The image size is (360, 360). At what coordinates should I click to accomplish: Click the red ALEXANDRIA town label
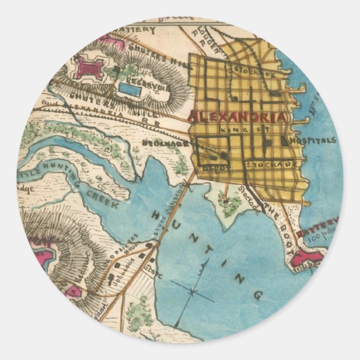click(x=239, y=118)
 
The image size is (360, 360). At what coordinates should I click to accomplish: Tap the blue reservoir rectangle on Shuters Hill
click(x=130, y=88)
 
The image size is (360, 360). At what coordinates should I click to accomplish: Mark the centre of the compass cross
click(x=192, y=291)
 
